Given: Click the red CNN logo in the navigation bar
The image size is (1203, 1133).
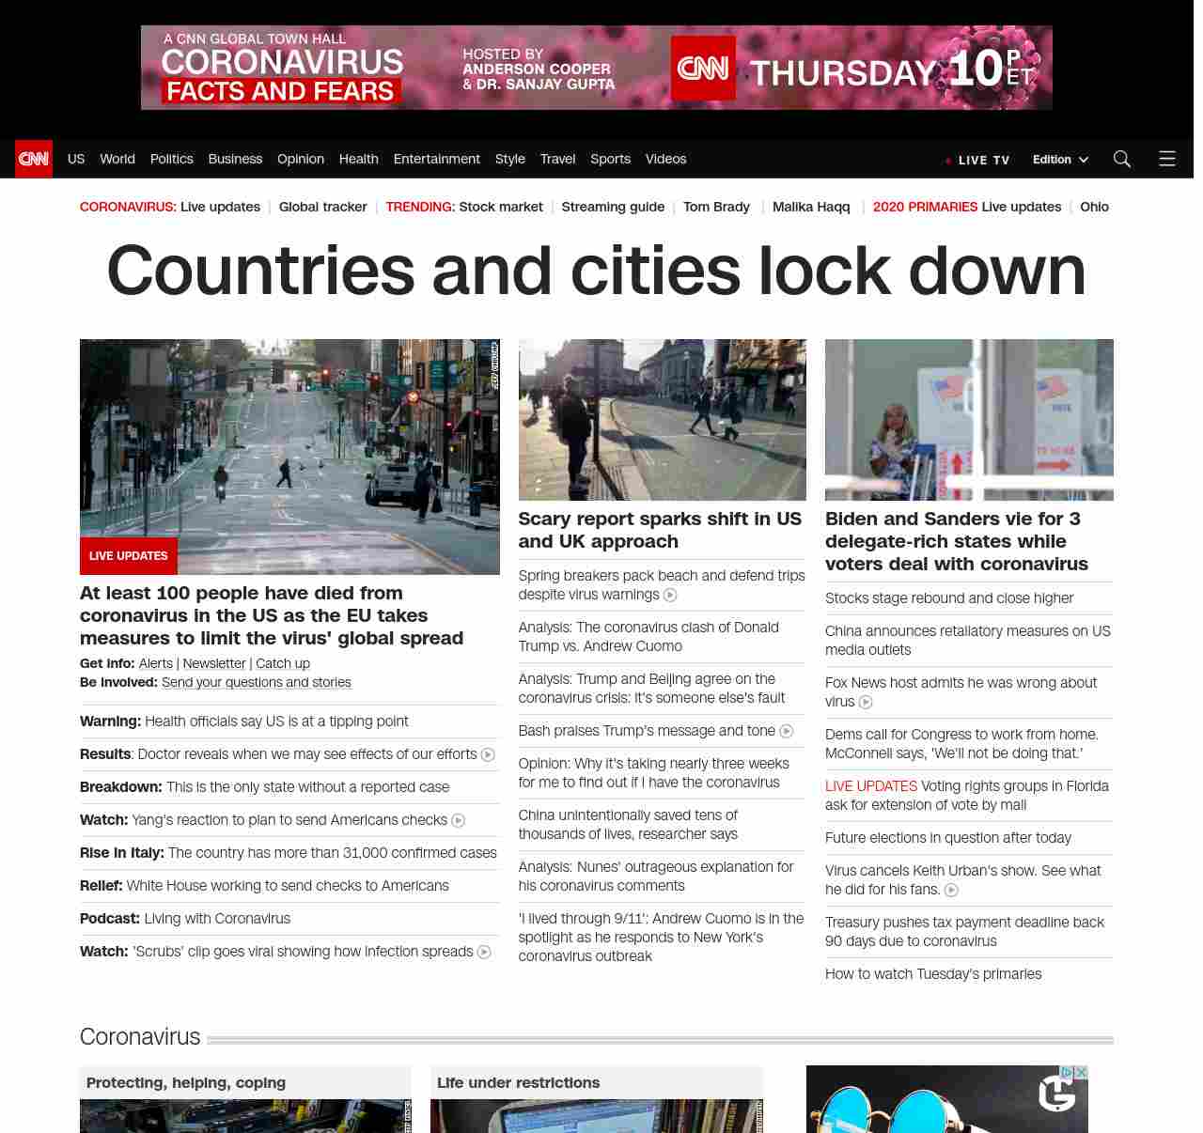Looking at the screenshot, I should [34, 159].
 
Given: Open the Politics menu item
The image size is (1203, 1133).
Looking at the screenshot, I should [171, 159].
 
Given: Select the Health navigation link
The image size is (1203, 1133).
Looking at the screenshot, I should [358, 159].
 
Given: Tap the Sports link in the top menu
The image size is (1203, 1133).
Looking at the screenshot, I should [610, 159].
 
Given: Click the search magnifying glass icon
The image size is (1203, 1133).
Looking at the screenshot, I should [1121, 159].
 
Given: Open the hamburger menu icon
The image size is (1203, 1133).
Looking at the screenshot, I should [1167, 159].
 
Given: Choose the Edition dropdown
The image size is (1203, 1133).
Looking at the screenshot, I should [1060, 160].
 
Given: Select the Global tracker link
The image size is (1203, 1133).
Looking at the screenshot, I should [322, 207].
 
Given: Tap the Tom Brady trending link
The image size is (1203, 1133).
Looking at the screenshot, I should [716, 207].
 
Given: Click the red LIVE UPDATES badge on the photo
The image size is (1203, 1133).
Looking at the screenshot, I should [129, 556].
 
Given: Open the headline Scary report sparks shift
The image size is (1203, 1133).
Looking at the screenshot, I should [660, 530].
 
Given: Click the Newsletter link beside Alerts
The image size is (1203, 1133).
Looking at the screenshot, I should [214, 663].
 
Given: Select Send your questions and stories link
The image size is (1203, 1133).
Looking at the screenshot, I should [256, 682].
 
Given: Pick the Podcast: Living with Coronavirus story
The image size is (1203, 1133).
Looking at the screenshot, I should [185, 919].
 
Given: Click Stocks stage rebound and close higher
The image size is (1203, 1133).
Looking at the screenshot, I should [949, 598].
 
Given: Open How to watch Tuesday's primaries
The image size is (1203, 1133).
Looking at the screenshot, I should [933, 974].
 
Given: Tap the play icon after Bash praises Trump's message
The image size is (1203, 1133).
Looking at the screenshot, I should [787, 731].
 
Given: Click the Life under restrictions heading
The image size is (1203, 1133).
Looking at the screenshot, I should [518, 1082].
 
